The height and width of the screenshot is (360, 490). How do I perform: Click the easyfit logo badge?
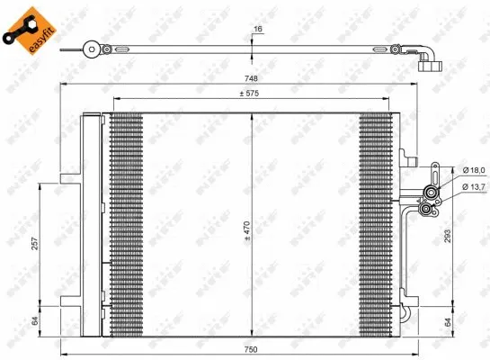pos(25,27)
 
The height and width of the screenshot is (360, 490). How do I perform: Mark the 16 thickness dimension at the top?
pos(259,30)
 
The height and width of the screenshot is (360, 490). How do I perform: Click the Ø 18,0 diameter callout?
pos(474,171)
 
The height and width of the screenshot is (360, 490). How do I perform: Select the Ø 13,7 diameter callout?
pos(474,186)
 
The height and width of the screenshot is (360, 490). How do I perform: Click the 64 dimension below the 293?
pos(447,321)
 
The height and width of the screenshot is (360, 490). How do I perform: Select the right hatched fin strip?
pos(376,225)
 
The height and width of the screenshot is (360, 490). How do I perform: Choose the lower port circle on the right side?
pos(425,211)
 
